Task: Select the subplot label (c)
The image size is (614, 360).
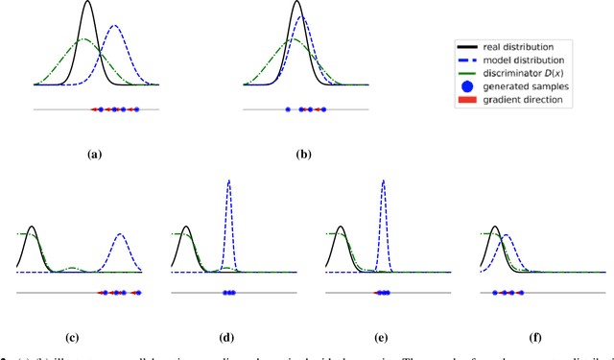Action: (x=73, y=338)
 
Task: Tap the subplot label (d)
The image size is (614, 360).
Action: (x=228, y=338)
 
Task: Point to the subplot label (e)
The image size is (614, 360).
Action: (x=383, y=338)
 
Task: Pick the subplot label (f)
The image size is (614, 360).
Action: (x=537, y=338)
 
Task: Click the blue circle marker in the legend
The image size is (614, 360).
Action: (x=468, y=86)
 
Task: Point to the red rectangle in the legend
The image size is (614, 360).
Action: (x=468, y=100)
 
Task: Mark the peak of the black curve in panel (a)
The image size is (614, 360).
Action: (x=88, y=3)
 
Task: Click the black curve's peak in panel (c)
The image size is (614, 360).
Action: (x=32, y=228)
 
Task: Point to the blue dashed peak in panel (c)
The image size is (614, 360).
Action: (x=121, y=234)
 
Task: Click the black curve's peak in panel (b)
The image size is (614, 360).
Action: (x=300, y=3)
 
